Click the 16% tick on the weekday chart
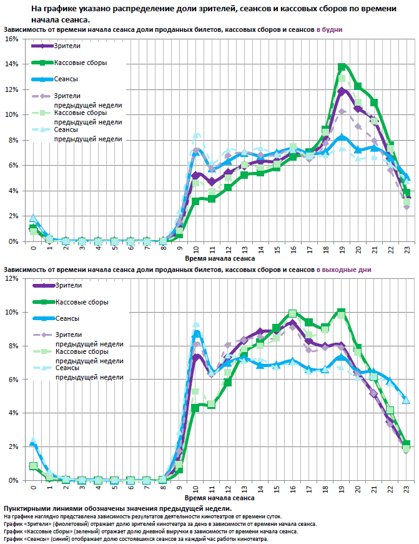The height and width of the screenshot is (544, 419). pos(11,39)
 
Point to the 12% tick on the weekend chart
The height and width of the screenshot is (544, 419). pos(11,278)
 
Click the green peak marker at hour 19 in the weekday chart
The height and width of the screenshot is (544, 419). pos(342,67)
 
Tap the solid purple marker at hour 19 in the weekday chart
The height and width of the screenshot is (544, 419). pos(342,91)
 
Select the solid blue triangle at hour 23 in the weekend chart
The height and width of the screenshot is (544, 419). pos(406,400)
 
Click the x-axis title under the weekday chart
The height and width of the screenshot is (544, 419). pos(220,258)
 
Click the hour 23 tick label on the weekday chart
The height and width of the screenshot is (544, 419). pos(406,249)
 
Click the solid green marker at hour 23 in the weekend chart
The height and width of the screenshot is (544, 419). pos(406,444)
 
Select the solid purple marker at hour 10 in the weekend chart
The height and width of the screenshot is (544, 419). pos(196,357)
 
